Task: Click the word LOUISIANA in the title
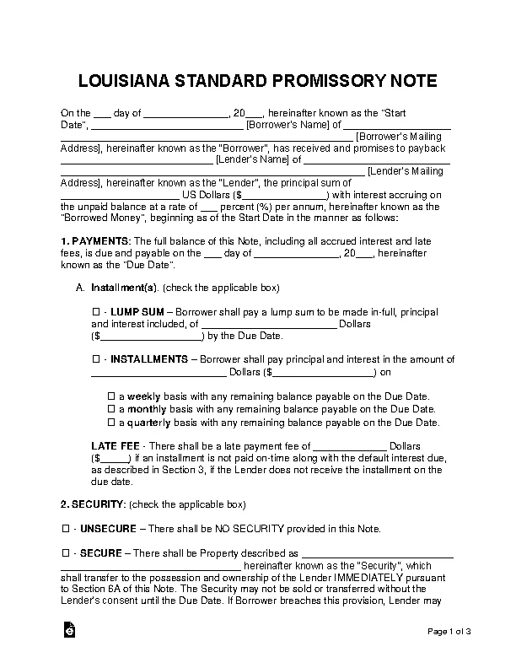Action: pos(123,82)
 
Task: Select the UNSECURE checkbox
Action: pos(65,529)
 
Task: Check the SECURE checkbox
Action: pos(65,553)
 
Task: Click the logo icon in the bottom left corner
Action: pos(68,631)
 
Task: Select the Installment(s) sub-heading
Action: pos(120,288)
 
